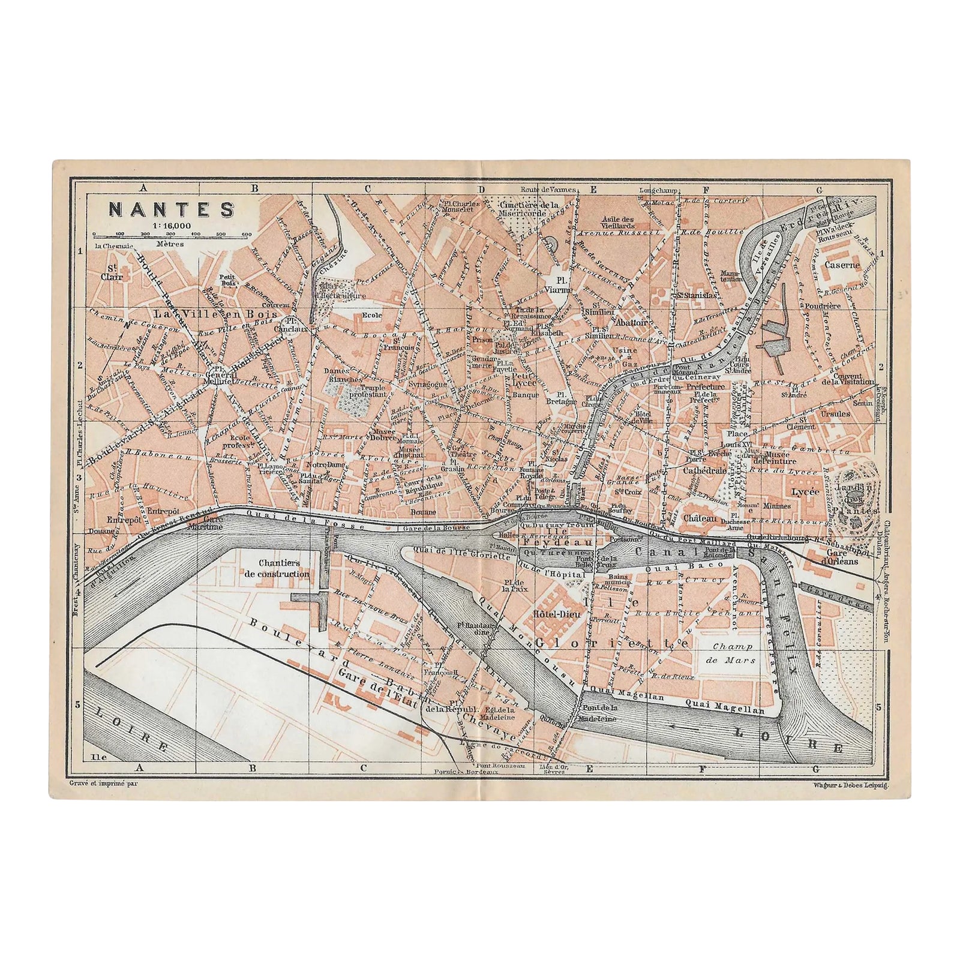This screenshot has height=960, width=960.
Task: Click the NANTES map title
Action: (x=170, y=209)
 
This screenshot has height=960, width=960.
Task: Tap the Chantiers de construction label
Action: (x=284, y=569)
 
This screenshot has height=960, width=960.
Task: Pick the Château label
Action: (x=700, y=517)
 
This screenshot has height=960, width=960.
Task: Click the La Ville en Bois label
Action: (x=214, y=313)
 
